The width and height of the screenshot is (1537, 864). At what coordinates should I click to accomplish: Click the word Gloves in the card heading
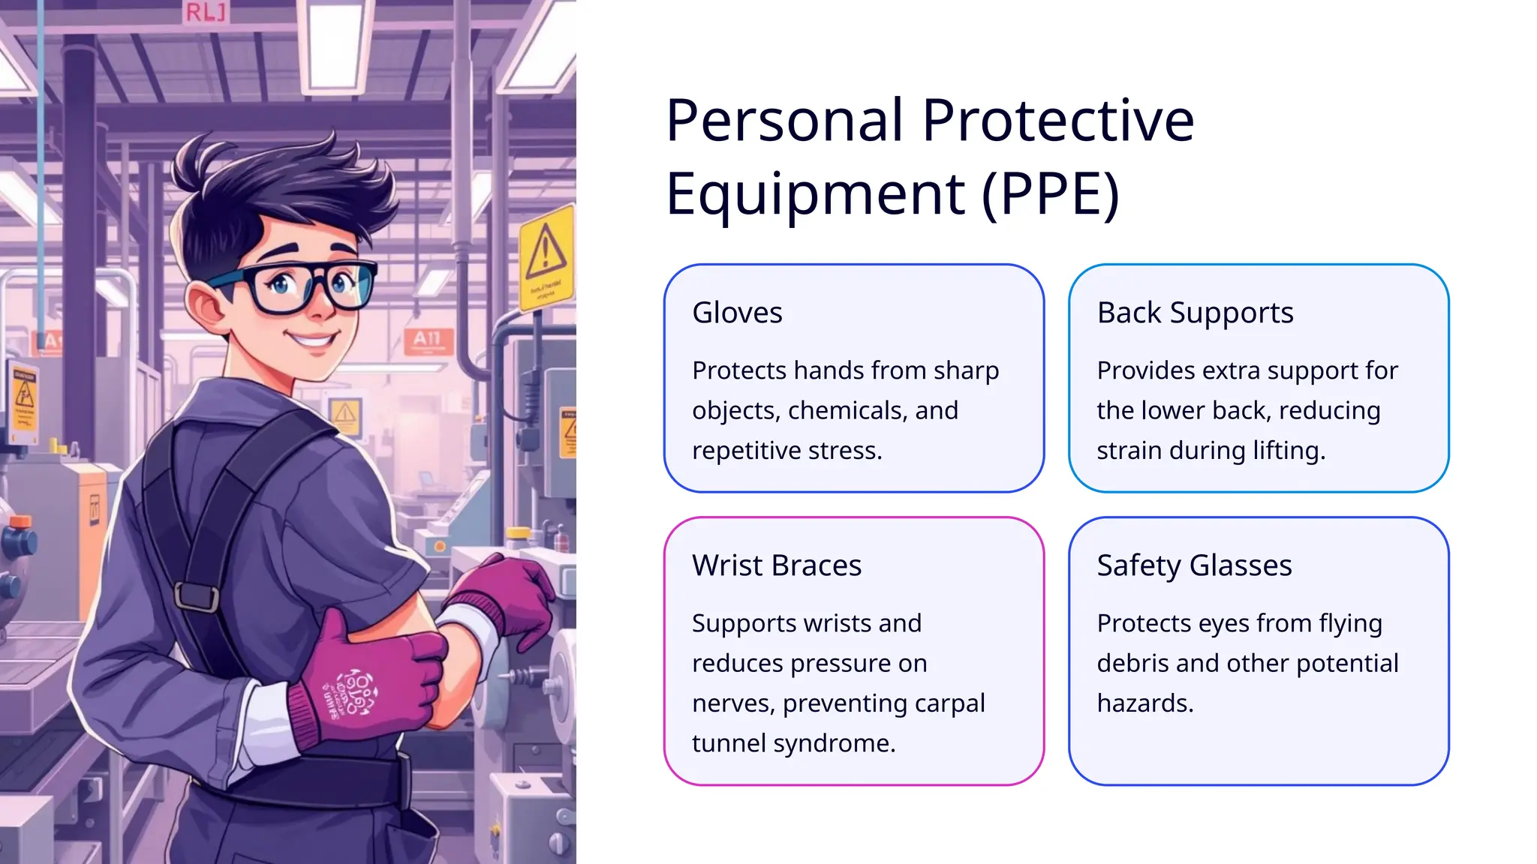[737, 313]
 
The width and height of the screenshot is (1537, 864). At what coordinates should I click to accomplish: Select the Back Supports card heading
[1195, 313]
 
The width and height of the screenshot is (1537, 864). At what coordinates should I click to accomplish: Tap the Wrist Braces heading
[776, 565]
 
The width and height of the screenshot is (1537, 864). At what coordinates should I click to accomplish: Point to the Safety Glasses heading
[1194, 565]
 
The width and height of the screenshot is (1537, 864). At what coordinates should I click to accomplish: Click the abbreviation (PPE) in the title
[1051, 193]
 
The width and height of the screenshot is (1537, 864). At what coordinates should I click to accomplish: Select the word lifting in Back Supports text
[1289, 451]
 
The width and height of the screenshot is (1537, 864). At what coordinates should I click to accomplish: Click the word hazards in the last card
[1144, 703]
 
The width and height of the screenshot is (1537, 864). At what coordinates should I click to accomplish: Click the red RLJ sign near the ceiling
[205, 12]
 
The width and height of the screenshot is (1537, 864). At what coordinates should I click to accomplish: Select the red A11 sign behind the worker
[428, 339]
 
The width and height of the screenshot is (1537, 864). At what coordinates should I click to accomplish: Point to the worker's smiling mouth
[314, 341]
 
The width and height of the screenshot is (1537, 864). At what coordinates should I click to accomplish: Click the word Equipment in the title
[815, 193]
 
